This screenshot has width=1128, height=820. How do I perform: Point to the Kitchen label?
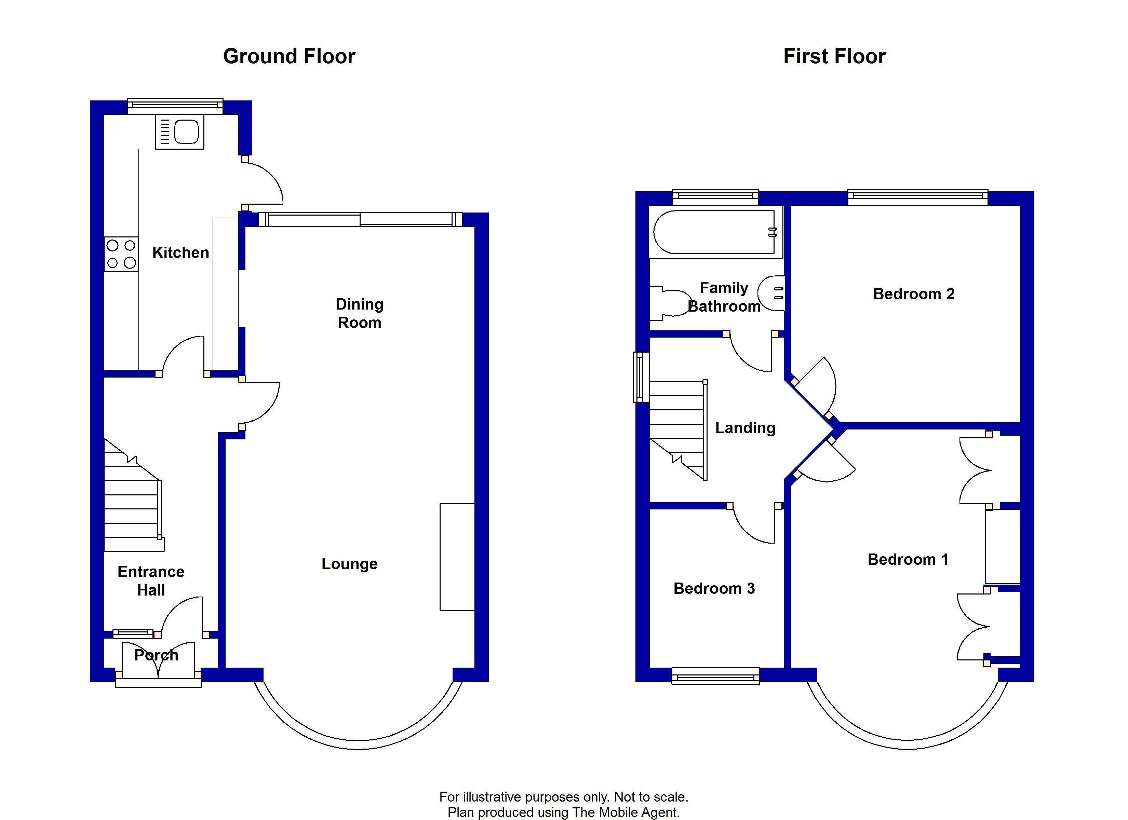tap(180, 252)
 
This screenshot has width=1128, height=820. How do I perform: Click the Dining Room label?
tap(359, 313)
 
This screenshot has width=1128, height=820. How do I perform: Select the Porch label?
tap(156, 655)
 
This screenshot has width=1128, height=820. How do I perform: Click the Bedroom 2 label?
tap(914, 294)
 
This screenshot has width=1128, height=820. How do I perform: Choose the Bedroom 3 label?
tap(714, 588)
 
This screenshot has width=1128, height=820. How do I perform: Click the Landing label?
tap(745, 428)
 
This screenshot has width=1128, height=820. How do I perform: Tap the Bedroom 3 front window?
tap(716, 676)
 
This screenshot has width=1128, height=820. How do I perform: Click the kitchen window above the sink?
tap(175, 106)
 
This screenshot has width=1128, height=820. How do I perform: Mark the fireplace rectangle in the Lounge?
tap(457, 557)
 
